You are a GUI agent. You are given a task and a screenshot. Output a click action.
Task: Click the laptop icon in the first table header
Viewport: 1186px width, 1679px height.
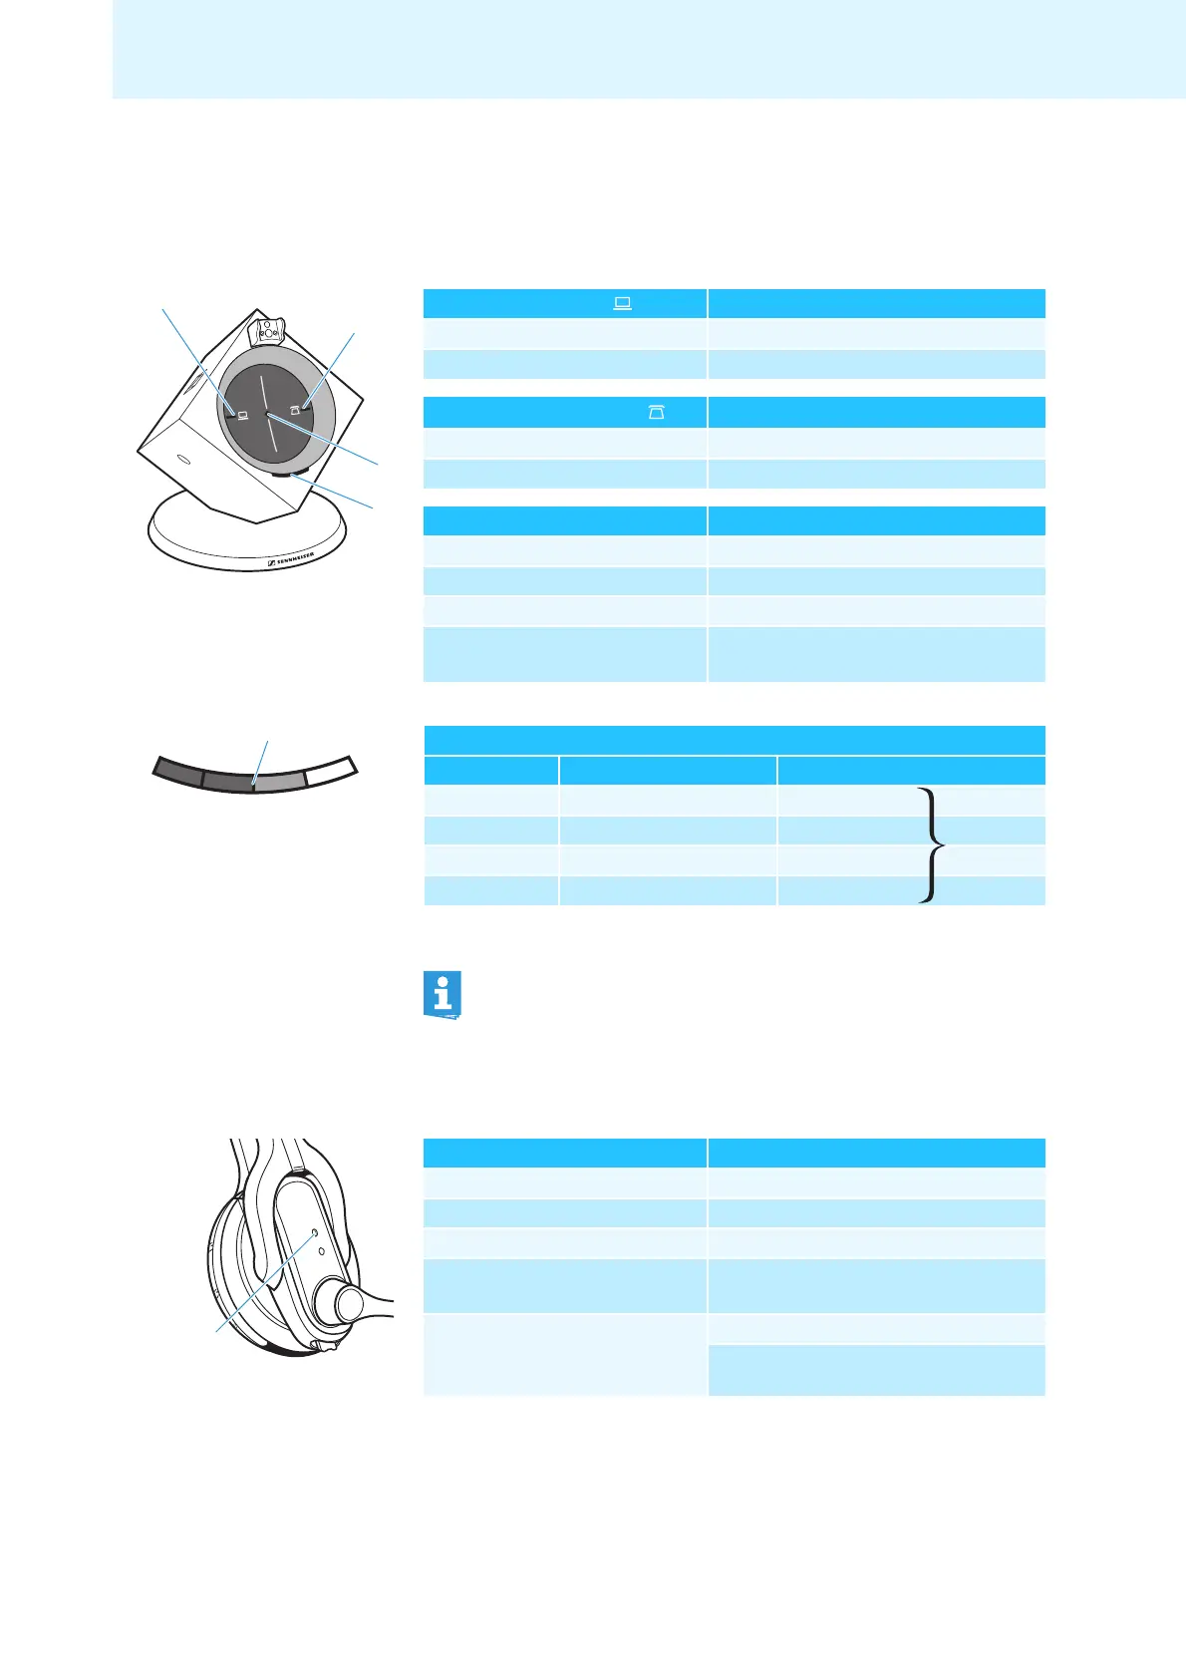tap(623, 303)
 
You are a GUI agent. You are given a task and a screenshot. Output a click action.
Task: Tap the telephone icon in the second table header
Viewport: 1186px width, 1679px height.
tap(657, 412)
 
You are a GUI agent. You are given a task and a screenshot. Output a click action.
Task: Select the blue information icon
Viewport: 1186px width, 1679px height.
tap(444, 994)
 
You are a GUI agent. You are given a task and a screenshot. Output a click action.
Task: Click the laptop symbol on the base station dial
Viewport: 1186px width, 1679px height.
tap(241, 411)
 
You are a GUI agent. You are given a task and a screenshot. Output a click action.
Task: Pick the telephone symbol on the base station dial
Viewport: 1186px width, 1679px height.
tap(296, 408)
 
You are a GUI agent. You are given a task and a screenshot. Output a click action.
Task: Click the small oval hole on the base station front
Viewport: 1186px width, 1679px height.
tap(182, 460)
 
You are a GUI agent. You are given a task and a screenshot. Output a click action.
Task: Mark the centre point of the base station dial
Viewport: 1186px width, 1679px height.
tap(267, 415)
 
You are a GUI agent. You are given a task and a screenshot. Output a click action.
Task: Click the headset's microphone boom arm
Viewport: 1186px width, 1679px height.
tap(380, 1296)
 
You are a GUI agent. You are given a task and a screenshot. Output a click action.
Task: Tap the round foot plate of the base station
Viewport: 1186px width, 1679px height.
tap(249, 538)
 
